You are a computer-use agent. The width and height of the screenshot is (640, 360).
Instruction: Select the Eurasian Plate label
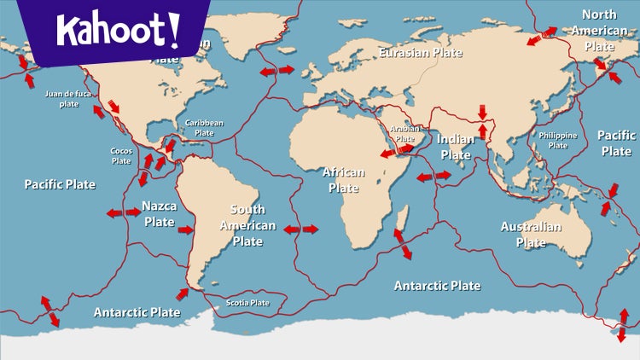point(421,53)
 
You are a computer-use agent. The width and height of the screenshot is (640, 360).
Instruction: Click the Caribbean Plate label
point(204,128)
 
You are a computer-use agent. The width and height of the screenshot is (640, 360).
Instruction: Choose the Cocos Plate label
point(121,155)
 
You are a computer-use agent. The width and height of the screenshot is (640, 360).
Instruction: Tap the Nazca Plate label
point(159,214)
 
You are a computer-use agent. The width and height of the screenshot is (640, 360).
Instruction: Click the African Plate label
point(343,179)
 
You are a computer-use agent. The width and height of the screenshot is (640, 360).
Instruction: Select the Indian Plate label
point(456,147)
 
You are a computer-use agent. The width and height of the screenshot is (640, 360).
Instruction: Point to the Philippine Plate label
point(557,140)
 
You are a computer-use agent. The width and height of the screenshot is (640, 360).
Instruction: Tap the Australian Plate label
point(531,235)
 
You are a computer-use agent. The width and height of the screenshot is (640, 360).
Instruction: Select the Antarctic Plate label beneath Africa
point(437,286)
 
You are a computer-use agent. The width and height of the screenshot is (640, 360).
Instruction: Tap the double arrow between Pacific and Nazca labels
point(123,212)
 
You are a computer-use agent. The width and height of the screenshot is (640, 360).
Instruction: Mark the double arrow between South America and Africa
point(300,229)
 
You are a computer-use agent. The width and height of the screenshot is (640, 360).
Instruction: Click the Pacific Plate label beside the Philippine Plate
point(615,143)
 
